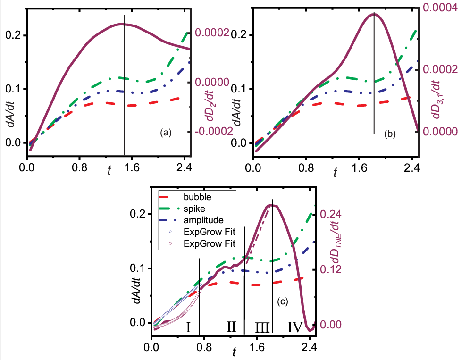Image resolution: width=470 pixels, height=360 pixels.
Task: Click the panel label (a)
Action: click(x=165, y=133)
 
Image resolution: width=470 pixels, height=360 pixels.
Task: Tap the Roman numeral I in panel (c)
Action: click(x=188, y=327)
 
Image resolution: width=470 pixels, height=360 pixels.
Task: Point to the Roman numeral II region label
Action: click(x=231, y=326)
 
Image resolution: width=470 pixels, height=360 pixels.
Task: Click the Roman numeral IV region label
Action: click(x=295, y=327)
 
